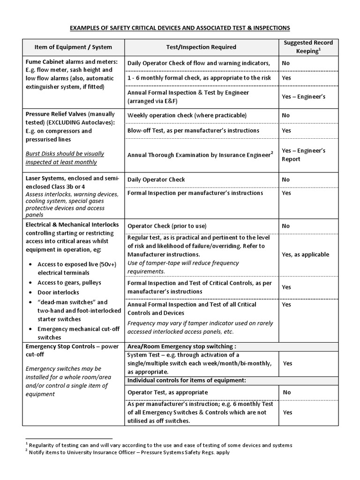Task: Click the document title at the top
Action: click(180, 28)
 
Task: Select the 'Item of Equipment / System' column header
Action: click(73, 47)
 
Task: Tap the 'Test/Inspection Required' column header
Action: click(201, 47)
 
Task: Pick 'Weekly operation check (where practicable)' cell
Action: click(187, 115)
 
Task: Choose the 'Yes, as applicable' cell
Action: click(306, 255)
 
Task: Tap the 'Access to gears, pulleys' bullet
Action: click(69, 283)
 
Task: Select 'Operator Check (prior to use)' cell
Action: click(167, 226)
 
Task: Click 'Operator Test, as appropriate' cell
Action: click(167, 392)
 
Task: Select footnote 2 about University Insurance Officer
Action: click(129, 452)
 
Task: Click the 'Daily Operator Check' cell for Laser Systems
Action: click(156, 180)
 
